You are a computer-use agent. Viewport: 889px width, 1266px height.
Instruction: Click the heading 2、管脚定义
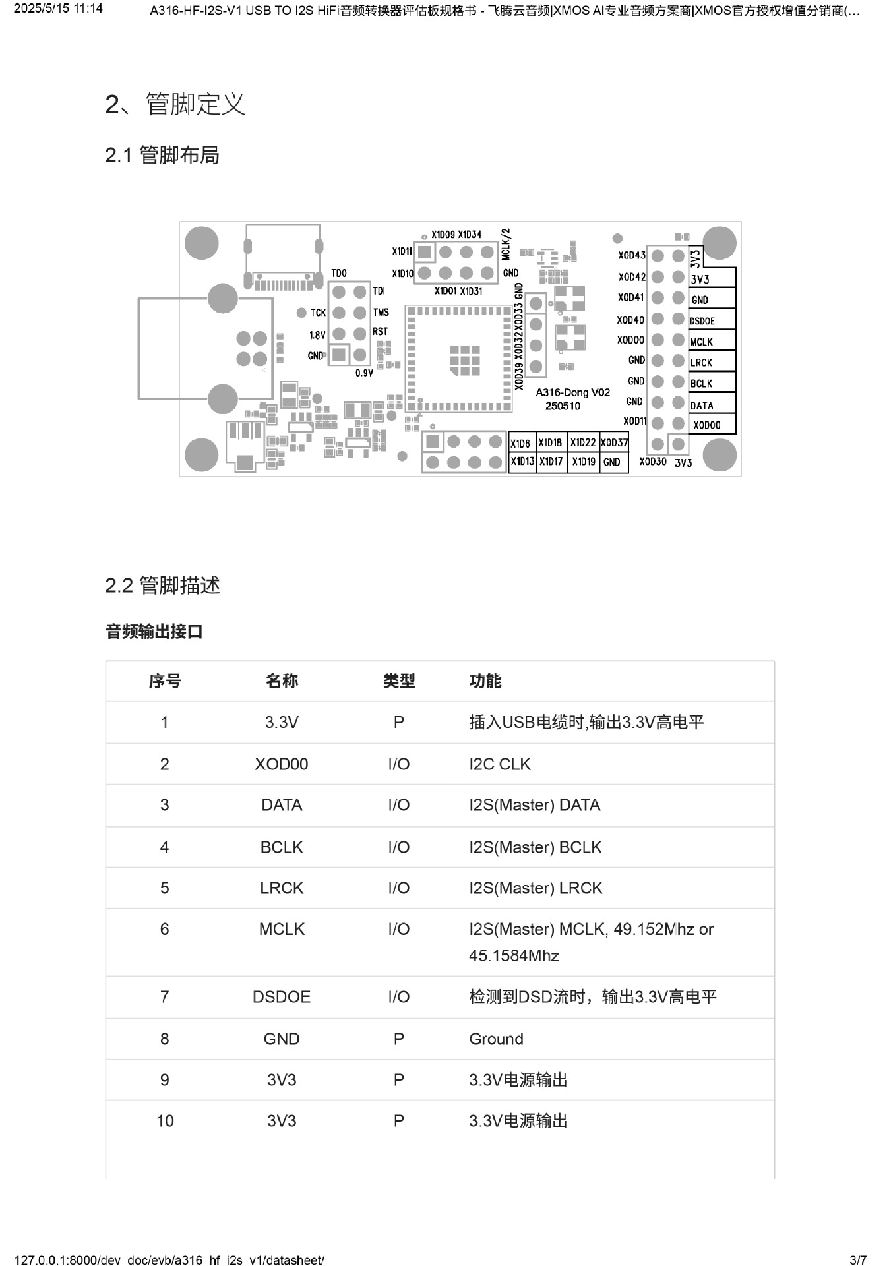175,104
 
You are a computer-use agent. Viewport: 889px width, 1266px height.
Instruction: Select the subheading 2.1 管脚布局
162,156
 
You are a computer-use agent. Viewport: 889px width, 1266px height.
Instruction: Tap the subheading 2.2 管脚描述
162,586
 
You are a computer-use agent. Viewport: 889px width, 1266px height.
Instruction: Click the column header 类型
399,681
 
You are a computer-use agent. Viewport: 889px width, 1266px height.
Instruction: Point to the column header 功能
485,681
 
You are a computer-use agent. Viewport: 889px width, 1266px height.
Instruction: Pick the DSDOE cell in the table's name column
282,997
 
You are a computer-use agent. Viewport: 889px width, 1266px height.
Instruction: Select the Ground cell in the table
496,1039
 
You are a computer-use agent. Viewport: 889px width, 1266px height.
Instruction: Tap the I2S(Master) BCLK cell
535,847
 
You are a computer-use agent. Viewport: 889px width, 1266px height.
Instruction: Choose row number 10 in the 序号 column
165,1121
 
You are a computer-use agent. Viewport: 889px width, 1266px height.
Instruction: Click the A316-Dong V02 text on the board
572,392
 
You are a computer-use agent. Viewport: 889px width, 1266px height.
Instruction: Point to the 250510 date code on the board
563,406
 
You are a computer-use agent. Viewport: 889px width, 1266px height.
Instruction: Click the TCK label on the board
318,313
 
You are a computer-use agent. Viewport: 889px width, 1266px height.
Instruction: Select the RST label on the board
381,332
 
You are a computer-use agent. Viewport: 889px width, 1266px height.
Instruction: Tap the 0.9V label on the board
364,373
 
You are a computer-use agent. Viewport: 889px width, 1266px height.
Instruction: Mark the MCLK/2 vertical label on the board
506,244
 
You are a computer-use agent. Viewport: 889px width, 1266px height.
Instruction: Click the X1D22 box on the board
583,443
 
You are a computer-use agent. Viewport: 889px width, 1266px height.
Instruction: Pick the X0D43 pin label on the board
632,255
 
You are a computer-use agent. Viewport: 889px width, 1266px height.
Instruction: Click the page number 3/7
857,1260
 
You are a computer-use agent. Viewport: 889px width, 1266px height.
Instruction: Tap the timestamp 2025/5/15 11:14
58,9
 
